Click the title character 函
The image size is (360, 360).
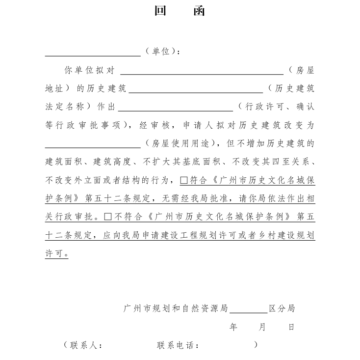200,11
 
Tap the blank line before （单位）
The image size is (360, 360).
93,55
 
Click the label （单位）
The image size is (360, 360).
163,52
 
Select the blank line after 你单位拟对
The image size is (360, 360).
202,72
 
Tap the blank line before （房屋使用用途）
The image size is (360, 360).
93,146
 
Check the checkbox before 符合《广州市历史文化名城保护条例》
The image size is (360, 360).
184,180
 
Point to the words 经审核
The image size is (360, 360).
154,125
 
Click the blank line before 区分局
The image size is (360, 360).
249,311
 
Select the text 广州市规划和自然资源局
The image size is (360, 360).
176,309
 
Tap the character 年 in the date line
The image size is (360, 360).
233,327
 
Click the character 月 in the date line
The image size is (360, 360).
262,327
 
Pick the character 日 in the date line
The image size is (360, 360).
291,327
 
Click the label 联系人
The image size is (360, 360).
85,345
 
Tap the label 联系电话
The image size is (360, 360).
177,345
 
